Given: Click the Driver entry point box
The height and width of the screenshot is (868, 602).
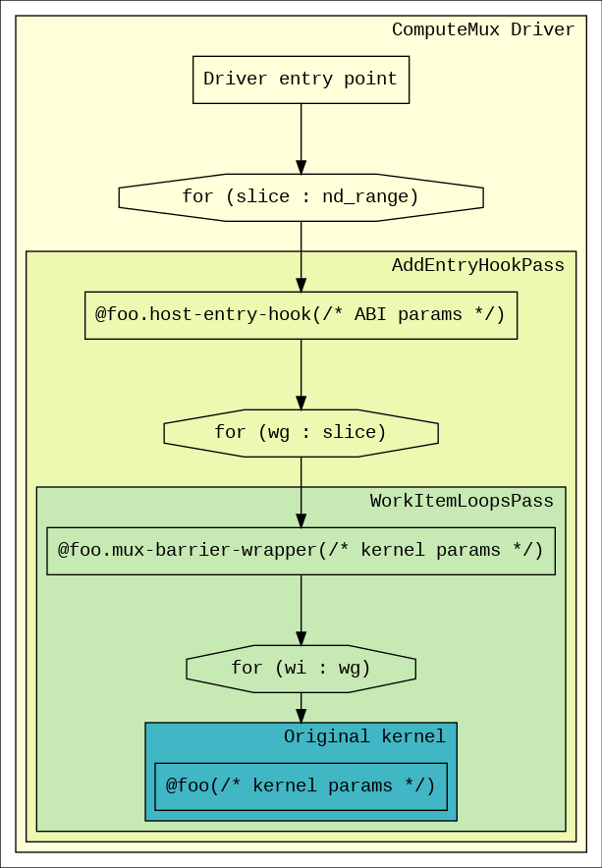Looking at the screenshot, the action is click(301, 80).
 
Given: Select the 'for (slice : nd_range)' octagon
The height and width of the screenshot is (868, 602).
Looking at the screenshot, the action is click(301, 197).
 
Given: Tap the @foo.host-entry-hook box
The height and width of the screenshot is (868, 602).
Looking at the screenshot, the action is click(301, 315).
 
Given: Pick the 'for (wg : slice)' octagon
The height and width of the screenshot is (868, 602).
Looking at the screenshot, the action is click(301, 433).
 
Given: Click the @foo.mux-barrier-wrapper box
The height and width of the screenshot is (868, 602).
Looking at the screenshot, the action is click(301, 552).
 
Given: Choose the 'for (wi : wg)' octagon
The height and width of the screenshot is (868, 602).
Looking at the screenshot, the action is click(301, 669).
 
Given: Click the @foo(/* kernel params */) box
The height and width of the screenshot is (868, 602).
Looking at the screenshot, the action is click(301, 787).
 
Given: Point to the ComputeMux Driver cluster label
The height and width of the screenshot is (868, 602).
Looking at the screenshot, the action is click(483, 29).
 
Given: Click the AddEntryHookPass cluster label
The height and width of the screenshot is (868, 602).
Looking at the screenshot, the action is click(478, 266).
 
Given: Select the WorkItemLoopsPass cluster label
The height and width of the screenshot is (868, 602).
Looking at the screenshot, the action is click(462, 501).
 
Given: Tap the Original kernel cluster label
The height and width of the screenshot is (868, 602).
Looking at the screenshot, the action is click(364, 736).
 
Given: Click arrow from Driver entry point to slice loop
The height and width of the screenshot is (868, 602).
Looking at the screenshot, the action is click(301, 139).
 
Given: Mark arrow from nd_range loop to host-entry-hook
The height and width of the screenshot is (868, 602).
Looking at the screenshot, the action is click(301, 257).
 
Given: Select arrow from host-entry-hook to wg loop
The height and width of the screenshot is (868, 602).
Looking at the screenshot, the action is click(301, 375).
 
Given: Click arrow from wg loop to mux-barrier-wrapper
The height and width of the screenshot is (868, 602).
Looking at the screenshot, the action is click(301, 493).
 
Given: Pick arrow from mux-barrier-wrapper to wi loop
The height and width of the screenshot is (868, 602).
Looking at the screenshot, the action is click(301, 610).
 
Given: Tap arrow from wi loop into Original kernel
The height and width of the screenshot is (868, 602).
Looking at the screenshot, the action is click(301, 708).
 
